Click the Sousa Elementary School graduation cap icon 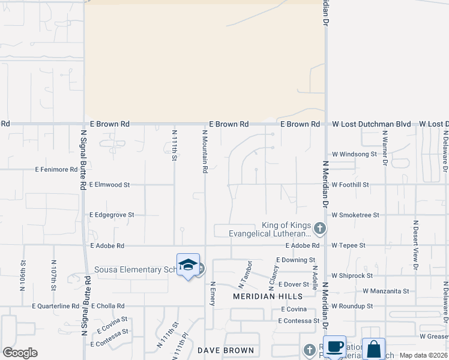(188, 265)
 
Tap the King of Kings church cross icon (320, 228)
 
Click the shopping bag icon (373, 349)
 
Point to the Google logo (20, 353)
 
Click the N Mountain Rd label (205, 152)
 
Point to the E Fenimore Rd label (56, 170)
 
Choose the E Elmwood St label (109, 185)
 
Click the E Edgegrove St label (112, 214)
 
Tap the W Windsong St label (354, 154)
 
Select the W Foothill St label (350, 185)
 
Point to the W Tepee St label (349, 245)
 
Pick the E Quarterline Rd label (52, 305)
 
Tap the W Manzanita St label (385, 291)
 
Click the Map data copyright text (424, 355)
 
